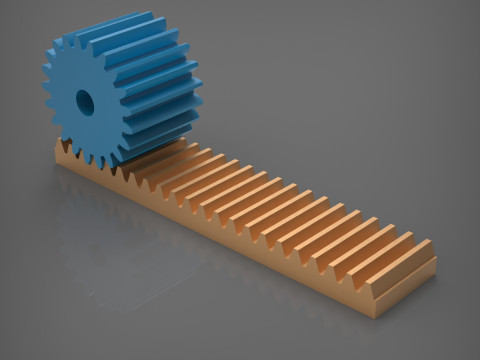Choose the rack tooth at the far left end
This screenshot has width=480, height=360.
click(61, 150)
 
